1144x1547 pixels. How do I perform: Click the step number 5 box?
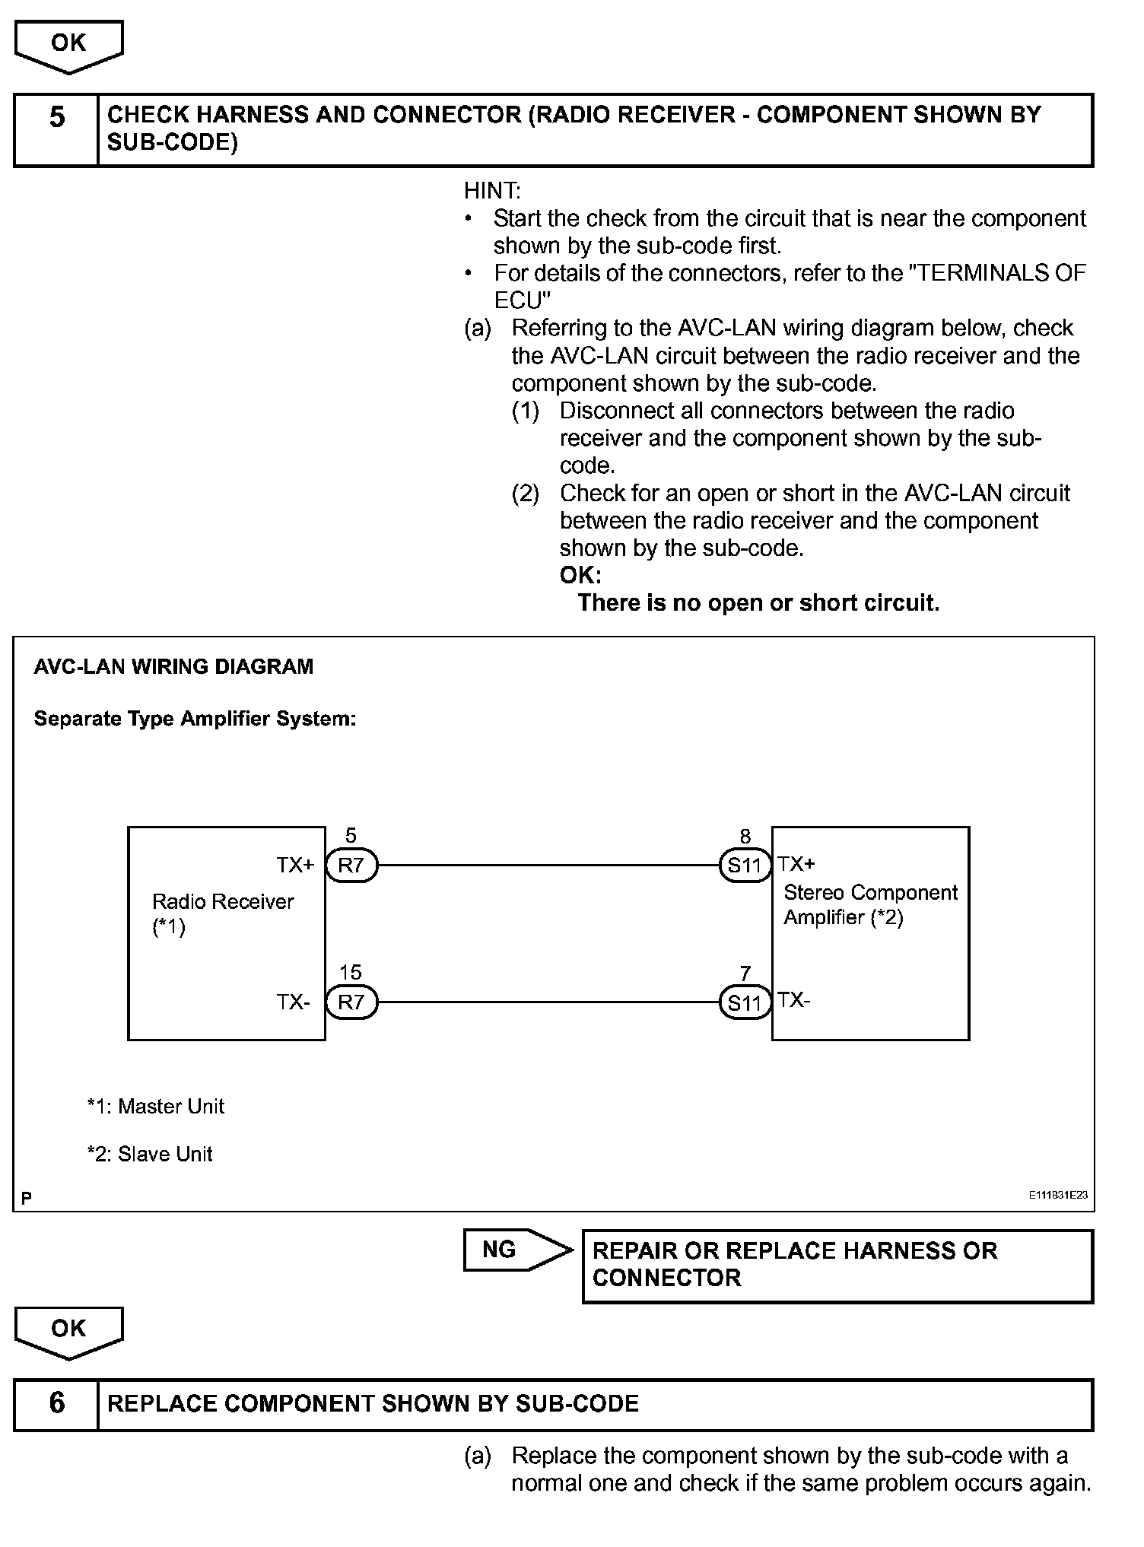coord(56,129)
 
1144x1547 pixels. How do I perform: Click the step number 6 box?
coord(56,1403)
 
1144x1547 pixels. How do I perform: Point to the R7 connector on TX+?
coord(351,866)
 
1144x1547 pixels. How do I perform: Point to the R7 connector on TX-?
coord(351,1002)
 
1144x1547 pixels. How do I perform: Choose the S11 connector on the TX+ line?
coord(745,866)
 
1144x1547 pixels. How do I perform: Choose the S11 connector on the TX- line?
coord(745,1003)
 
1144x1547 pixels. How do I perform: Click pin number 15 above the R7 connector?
coord(351,973)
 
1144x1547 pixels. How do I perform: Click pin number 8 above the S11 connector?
coord(745,837)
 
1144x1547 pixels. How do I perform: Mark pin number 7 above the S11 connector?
coord(745,974)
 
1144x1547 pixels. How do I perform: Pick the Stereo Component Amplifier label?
coord(870,904)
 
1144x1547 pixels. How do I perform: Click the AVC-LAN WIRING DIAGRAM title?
coord(173,667)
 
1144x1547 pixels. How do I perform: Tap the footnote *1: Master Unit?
coord(156,1106)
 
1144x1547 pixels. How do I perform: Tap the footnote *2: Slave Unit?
coord(150,1154)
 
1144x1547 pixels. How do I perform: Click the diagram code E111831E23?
coord(1058,1195)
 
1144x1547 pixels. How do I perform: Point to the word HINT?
coord(492,191)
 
